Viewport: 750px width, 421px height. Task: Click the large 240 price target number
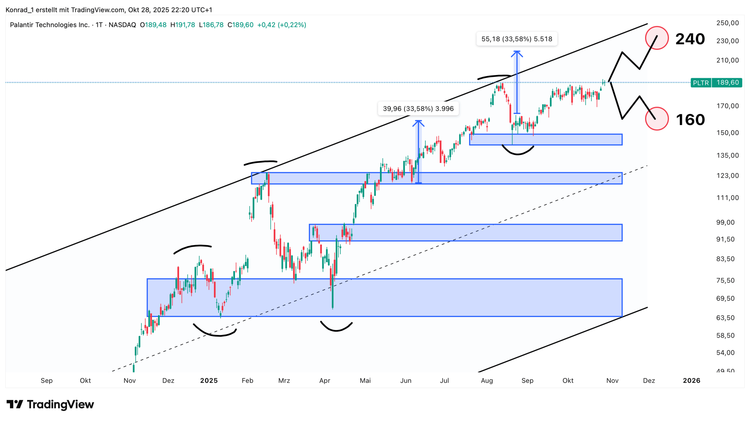tap(690, 39)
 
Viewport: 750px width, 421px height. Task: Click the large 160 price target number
tap(690, 120)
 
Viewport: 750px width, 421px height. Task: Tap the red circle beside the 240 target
tap(657, 38)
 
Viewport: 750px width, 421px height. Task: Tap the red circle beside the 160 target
tap(657, 119)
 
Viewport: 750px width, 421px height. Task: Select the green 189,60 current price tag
tap(727, 83)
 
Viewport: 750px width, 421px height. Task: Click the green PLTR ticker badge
tap(700, 83)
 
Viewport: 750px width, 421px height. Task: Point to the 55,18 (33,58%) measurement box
tap(517, 39)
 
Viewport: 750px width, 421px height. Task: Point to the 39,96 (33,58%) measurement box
tap(418, 109)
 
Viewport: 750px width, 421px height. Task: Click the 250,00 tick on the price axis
tap(727, 23)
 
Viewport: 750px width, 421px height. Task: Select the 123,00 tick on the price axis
tap(727, 176)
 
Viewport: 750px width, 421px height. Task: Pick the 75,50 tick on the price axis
tap(725, 280)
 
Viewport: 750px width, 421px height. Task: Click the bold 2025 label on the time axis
tap(209, 381)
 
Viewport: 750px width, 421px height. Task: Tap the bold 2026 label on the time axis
tap(691, 381)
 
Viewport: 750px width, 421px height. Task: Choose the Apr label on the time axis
tap(325, 381)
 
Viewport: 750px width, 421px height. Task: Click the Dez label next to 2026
tap(649, 381)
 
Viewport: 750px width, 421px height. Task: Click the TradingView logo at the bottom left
tap(50, 405)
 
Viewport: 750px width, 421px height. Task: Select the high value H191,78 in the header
tap(183, 25)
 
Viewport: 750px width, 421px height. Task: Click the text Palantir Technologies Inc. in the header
tap(50, 25)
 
